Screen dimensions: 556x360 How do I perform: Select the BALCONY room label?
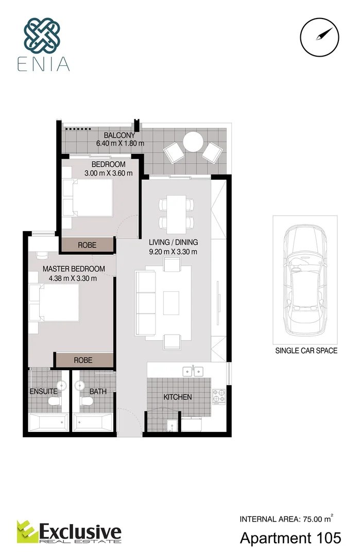[119, 135]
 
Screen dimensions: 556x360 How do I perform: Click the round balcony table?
[194, 142]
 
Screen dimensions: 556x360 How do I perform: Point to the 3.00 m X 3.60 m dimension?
[108, 173]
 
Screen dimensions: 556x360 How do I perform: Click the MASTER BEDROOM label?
[74, 269]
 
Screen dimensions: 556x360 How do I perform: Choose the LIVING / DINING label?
[173, 242]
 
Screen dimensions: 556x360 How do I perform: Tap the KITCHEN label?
[178, 397]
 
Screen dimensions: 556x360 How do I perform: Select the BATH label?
[98, 391]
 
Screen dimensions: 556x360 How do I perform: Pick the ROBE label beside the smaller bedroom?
[87, 246]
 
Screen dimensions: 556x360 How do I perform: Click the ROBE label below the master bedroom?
[83, 360]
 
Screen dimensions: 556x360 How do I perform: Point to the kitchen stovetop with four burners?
[218, 395]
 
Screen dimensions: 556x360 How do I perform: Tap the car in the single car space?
[305, 281]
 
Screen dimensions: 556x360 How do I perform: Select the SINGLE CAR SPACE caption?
[306, 351]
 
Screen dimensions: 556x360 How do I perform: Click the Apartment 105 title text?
[290, 538]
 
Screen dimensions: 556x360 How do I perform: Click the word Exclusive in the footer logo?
[81, 531]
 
